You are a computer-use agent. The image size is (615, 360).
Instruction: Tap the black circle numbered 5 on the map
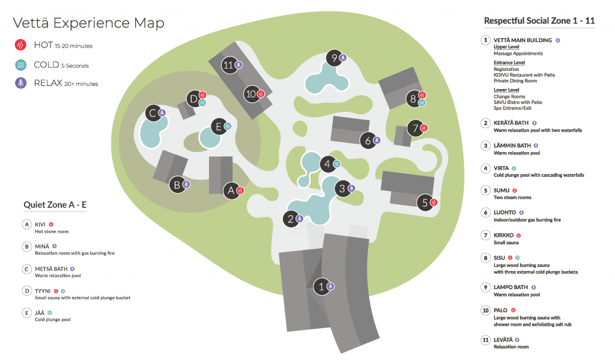tap(425, 203)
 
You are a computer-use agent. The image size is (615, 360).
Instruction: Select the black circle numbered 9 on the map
tap(335, 58)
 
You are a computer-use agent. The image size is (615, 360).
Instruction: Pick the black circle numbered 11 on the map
tap(228, 65)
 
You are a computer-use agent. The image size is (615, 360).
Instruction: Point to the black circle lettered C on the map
tap(153, 112)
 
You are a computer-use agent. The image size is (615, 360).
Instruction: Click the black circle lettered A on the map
tap(230, 191)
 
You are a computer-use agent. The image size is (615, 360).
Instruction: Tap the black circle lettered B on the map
tap(177, 185)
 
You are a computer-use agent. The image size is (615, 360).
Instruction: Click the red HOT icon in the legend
tap(20, 45)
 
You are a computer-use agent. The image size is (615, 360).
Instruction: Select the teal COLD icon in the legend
tap(20, 65)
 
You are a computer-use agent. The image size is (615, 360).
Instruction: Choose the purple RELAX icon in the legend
tap(20, 83)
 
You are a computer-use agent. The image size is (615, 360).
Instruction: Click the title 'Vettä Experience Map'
tap(88, 23)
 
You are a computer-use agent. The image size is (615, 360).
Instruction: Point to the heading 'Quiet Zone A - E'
tap(55, 204)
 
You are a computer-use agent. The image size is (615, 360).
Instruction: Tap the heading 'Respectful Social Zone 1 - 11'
tap(539, 21)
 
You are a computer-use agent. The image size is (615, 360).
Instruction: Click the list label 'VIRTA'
tap(501, 168)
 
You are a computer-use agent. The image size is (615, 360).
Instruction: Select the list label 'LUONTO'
tap(504, 212)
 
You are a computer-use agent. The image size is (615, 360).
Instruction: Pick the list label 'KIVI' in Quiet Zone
tap(40, 224)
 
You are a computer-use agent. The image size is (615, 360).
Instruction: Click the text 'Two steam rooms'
tap(512, 197)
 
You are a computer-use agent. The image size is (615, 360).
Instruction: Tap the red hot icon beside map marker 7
tap(425, 128)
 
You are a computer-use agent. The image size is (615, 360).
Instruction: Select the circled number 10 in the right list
tap(485, 310)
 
